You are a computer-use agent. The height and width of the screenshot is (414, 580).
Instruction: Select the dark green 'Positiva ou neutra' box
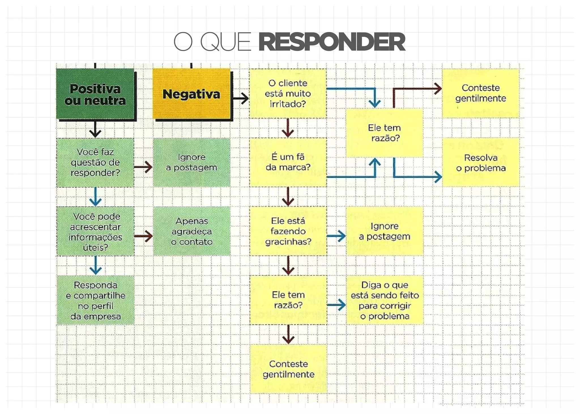pos(95,94)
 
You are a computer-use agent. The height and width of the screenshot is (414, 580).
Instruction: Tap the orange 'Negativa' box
pos(191,94)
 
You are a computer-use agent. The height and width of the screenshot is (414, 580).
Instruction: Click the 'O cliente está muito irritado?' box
pos(288,94)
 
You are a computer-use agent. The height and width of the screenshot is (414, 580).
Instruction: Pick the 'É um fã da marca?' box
pos(288,162)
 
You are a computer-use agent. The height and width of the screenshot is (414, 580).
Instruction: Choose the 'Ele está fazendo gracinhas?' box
pos(288,231)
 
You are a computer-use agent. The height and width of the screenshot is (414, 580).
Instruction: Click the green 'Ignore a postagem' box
pos(191,162)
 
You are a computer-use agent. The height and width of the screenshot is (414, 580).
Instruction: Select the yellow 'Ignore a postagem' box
pos(384,231)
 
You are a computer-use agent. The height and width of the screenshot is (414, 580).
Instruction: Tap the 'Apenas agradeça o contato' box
pos(192,231)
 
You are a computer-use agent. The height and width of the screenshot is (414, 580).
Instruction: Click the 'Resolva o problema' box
pos(481,162)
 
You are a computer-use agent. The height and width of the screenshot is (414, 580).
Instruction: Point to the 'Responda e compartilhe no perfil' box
pos(95,300)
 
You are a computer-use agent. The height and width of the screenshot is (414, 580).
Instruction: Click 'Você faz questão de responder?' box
pos(95,162)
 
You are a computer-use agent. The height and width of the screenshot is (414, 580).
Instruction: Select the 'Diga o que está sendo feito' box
pos(385,300)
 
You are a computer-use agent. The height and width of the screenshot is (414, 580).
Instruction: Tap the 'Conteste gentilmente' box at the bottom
pos(288,369)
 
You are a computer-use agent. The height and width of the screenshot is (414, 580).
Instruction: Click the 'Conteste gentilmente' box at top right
pos(480,93)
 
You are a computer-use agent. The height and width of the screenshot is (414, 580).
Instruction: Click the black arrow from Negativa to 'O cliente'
pos(241,99)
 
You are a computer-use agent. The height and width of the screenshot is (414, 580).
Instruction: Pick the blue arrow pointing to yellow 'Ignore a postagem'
pos(336,236)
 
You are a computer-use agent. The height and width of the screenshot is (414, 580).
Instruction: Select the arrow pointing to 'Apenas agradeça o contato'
pos(144,236)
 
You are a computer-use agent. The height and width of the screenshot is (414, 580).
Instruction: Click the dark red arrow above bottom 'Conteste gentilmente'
pos(288,335)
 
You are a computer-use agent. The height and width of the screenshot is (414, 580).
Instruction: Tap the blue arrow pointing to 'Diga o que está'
pos(336,305)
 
